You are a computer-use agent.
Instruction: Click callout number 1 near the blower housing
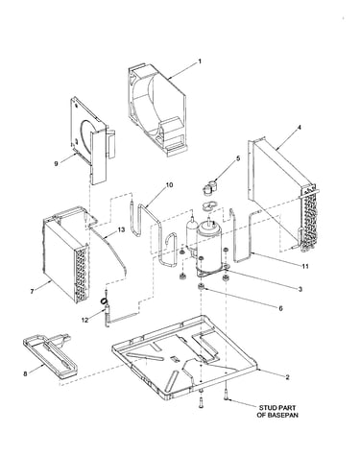(x=200, y=60)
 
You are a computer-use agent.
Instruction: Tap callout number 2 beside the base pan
(x=287, y=377)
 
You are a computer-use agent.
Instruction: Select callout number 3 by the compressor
(x=300, y=289)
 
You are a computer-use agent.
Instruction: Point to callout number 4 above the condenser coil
(x=300, y=128)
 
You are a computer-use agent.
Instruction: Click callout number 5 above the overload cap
(x=238, y=158)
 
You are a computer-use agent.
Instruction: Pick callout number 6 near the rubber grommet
(x=280, y=308)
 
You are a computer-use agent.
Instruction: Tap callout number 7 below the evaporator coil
(x=32, y=291)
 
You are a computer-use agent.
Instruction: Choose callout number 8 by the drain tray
(x=25, y=373)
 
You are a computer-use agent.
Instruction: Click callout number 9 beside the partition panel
(x=56, y=163)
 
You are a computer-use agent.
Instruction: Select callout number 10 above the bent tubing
(x=169, y=185)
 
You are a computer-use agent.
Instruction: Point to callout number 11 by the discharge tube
(x=305, y=266)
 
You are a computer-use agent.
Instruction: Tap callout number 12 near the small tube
(x=84, y=320)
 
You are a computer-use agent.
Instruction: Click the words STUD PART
(x=277, y=408)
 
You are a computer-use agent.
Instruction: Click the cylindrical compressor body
(x=209, y=247)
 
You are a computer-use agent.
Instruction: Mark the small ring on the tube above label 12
(x=104, y=300)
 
